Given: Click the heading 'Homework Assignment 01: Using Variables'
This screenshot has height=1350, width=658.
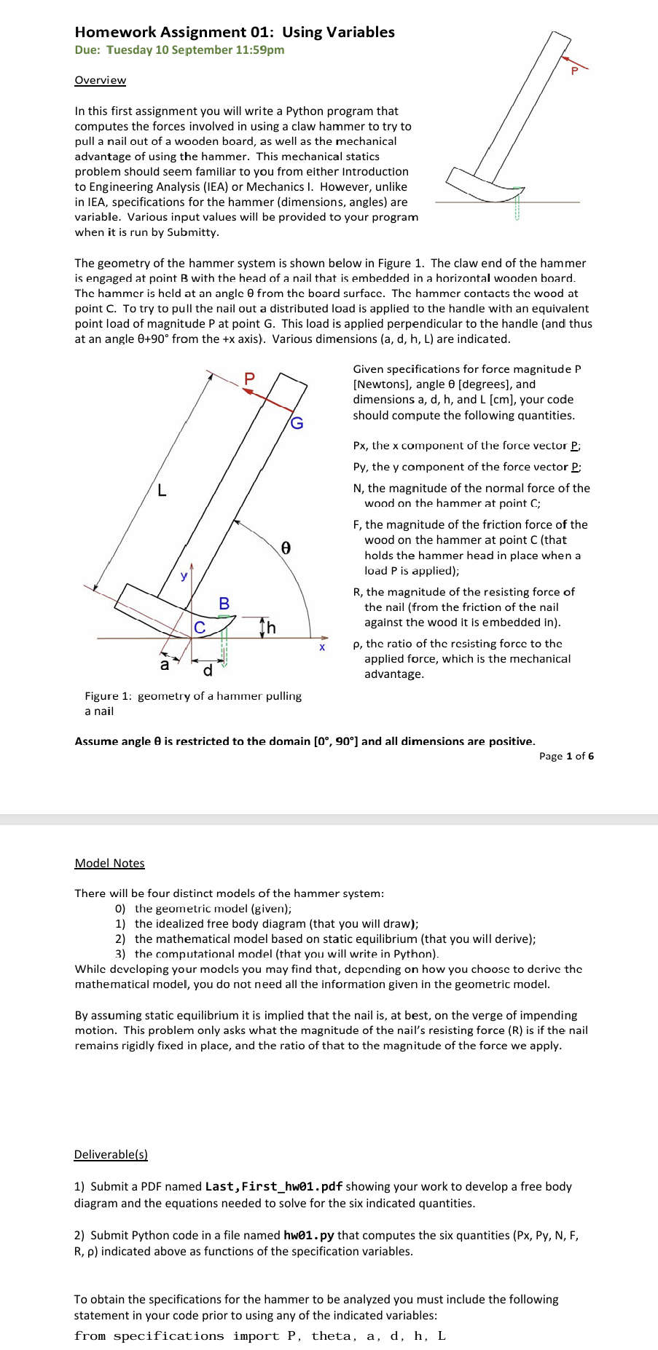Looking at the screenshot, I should click(235, 32).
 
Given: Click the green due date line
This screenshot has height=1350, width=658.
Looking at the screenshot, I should click(179, 50).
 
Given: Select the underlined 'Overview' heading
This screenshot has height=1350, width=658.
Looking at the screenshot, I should click(100, 80).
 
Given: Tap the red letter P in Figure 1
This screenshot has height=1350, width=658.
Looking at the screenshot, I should click(250, 378).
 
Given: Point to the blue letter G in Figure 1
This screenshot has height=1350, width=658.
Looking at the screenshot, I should click(297, 423).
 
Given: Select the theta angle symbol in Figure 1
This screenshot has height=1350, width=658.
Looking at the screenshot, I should click(286, 548).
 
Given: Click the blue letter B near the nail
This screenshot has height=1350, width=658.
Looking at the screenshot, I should click(224, 604).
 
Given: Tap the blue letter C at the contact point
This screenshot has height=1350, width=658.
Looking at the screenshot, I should click(200, 627).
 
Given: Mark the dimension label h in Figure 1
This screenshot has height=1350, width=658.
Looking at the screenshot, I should click(271, 628).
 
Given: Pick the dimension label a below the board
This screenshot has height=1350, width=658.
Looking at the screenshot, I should click(164, 665).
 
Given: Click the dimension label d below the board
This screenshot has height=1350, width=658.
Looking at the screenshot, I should click(208, 671).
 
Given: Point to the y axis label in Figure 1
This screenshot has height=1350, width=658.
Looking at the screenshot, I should click(184, 575).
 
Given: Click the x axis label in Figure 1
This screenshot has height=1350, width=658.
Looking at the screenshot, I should click(322, 647).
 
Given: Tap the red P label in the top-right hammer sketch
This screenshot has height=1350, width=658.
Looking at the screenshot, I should click(574, 71).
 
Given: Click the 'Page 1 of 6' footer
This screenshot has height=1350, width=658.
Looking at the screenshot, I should click(566, 756).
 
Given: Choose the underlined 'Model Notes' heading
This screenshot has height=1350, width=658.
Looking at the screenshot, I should click(109, 863).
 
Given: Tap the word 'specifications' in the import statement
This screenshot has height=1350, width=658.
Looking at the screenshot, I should click(168, 1335).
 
